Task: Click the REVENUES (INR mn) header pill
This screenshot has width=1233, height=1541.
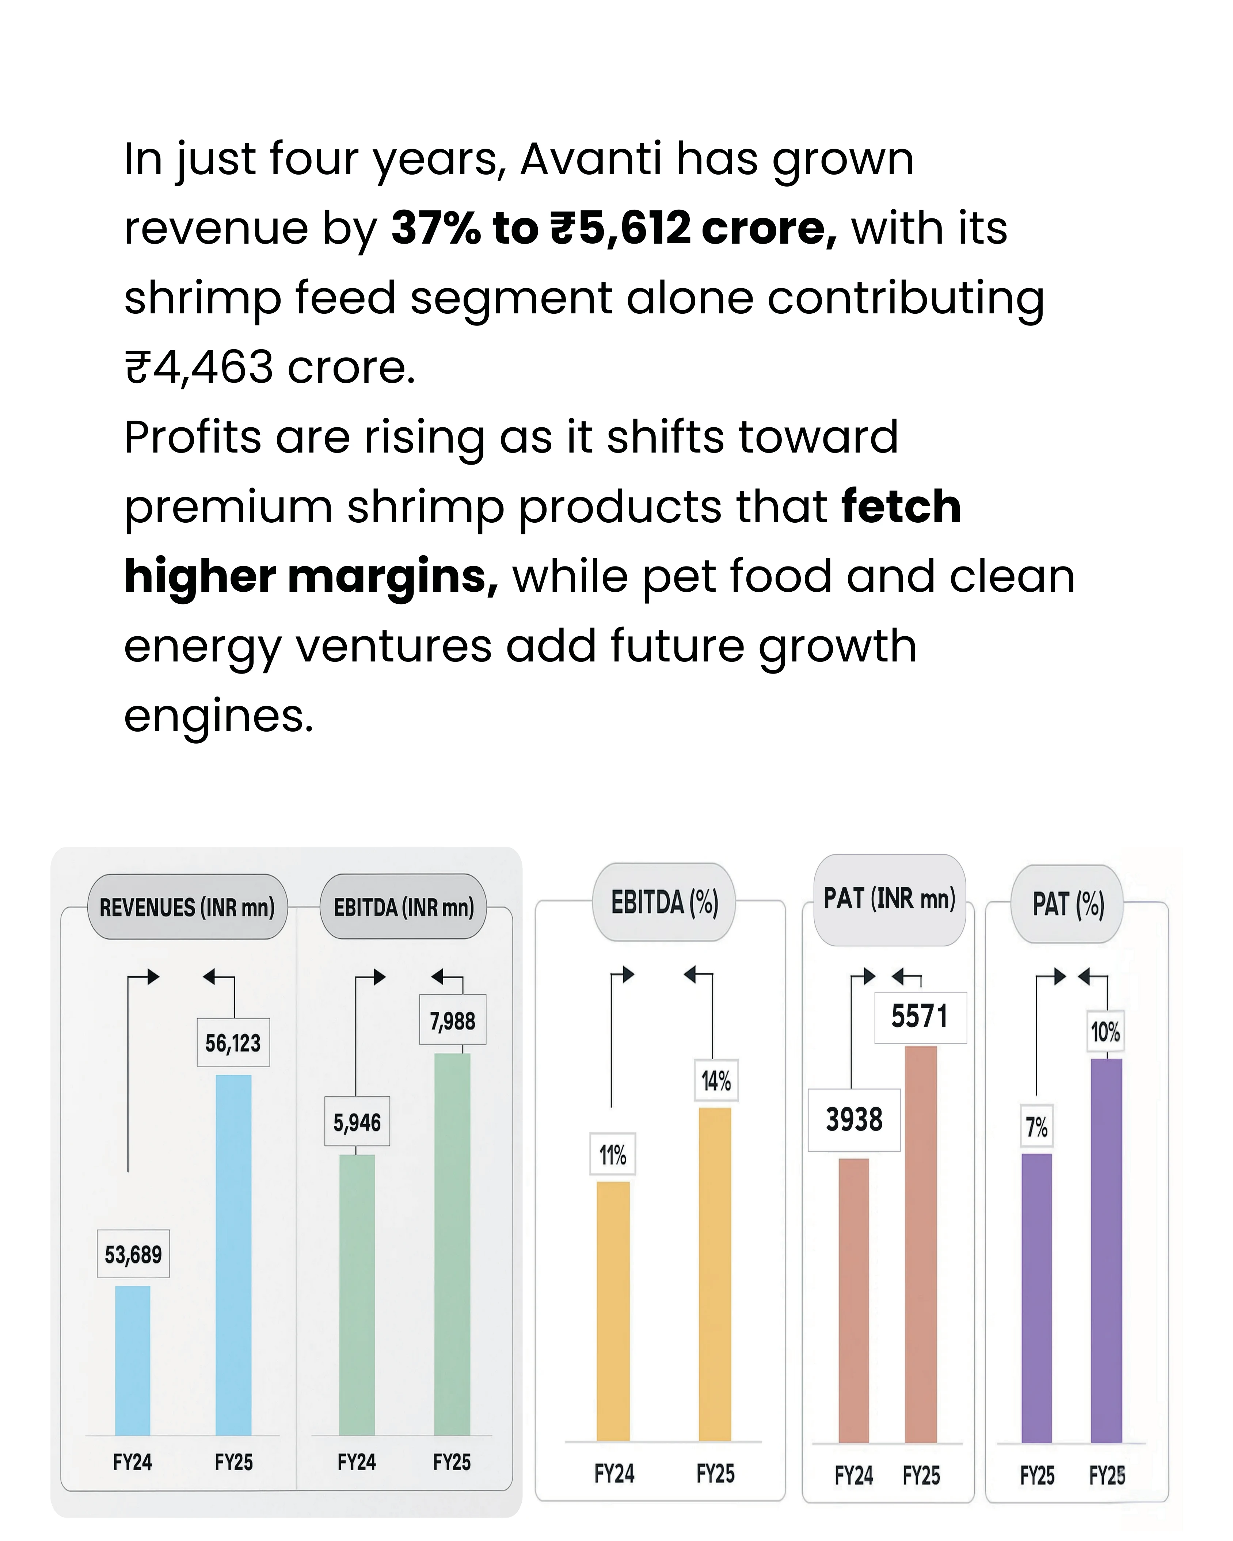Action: click(187, 907)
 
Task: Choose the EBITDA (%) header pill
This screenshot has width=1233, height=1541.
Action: click(664, 902)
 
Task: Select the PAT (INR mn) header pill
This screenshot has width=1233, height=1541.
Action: click(890, 900)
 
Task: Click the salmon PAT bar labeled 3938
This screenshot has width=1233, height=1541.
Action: click(853, 1301)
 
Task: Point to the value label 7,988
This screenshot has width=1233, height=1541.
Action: click(452, 1021)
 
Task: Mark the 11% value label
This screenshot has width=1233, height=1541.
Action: click(613, 1154)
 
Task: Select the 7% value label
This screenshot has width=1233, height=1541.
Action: click(1036, 1127)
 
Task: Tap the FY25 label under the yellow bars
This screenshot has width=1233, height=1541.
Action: click(715, 1474)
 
